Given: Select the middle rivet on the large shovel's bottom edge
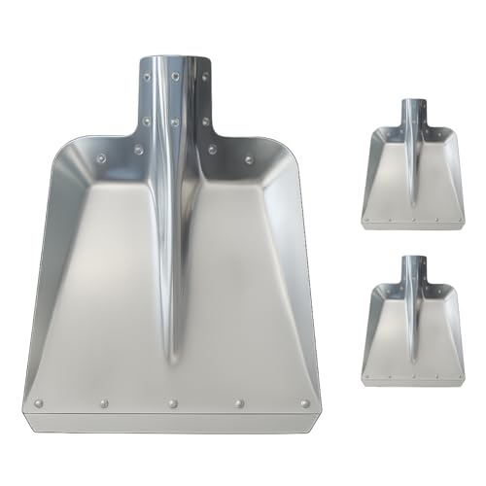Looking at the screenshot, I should click(172, 402).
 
